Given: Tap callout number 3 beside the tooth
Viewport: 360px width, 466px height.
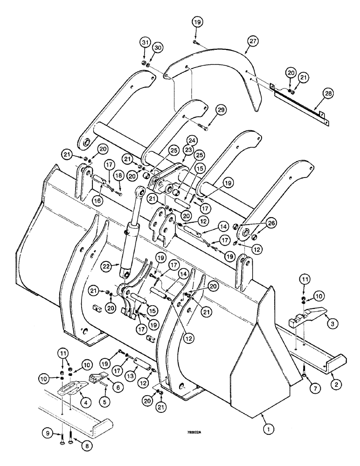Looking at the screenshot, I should (330, 322).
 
